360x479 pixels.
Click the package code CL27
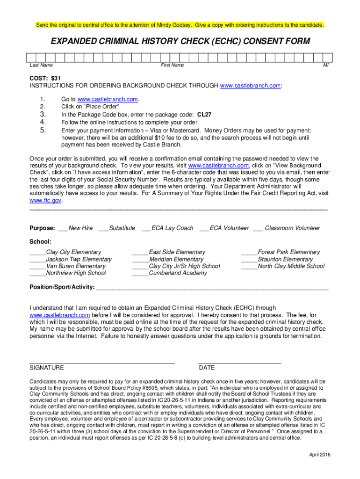tap(204, 114)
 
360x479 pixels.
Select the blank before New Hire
tap(63, 228)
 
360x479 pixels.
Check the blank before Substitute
tap(103, 228)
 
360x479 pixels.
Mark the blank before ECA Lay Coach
tap(145, 228)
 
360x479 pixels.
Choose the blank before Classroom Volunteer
tap(258, 228)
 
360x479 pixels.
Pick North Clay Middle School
tap(291, 266)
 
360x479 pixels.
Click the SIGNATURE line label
tap(47, 368)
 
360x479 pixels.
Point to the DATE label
tap(207, 368)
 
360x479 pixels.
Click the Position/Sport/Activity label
tap(62, 287)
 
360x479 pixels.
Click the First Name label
tap(172, 65)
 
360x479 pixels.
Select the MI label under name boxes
tap(326, 65)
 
